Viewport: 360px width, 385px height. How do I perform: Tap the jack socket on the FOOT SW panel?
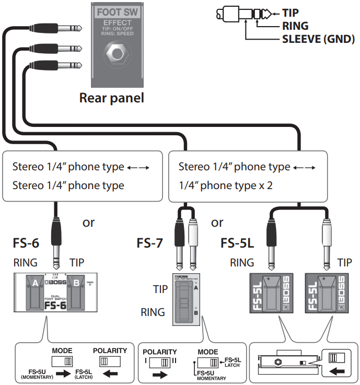[117, 53]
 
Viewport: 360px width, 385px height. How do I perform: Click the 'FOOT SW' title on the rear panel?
[117, 12]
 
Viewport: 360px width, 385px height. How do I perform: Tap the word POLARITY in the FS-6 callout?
[109, 351]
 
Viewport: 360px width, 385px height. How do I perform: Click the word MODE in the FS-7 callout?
[208, 352]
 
